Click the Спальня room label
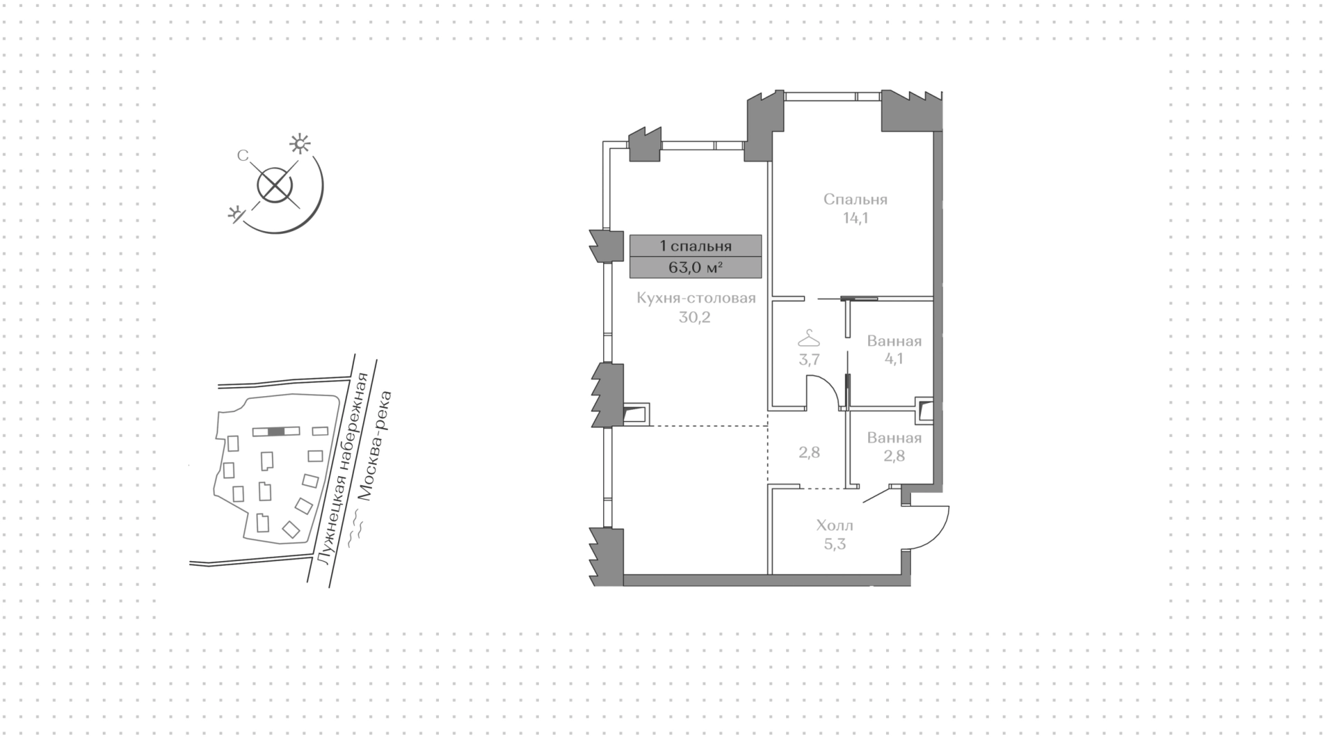[x=855, y=200]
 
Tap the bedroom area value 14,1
[x=855, y=219]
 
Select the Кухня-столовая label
[x=696, y=298]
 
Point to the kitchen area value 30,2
[x=696, y=317]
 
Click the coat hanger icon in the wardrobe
[x=809, y=339]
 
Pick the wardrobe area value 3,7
[x=809, y=359]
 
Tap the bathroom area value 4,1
[x=894, y=359]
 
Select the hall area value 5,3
[x=834, y=544]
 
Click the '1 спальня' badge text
[x=696, y=246]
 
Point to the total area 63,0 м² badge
[x=696, y=267]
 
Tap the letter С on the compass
[x=243, y=156]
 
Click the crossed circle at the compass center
[x=275, y=186]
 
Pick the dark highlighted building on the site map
[x=276, y=431]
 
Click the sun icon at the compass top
[x=300, y=144]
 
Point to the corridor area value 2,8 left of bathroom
[x=809, y=453]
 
